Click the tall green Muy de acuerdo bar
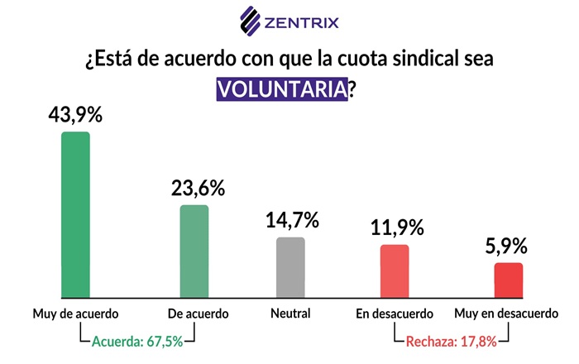click(76, 214)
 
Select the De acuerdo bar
click(194, 251)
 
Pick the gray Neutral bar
click(290, 266)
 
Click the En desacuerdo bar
click(395, 271)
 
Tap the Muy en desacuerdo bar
click(510, 280)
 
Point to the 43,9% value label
click(76, 116)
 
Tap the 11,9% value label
click(396, 227)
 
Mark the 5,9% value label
click(509, 247)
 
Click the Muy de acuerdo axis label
click(76, 314)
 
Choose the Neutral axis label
click(290, 314)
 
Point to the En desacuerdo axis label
click(395, 314)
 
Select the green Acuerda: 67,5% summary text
click(137, 340)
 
